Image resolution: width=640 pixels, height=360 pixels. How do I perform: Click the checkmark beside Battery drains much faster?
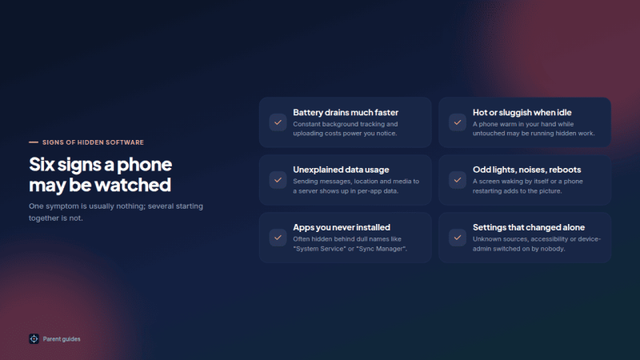[278, 122]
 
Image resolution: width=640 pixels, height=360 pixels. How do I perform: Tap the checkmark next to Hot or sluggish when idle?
[458, 122]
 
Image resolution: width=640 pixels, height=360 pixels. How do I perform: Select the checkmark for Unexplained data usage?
[278, 180]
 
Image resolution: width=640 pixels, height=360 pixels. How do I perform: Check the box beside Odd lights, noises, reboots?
[458, 180]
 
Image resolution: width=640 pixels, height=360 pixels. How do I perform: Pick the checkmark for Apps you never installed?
[278, 238]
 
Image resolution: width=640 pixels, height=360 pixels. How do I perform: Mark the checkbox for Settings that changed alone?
[458, 238]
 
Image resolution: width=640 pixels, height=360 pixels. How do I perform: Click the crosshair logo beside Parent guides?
[34, 338]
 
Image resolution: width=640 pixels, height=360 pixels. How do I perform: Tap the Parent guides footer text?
[62, 339]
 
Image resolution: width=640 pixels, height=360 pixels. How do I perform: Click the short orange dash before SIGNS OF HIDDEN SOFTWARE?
[34, 142]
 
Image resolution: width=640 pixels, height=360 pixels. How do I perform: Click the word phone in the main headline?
[145, 165]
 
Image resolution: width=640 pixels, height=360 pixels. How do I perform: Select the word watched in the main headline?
[133, 185]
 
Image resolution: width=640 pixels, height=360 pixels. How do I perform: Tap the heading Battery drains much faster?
[346, 112]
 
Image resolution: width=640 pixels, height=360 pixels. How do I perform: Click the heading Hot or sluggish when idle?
[522, 112]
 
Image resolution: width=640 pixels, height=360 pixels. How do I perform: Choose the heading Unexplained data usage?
[341, 170]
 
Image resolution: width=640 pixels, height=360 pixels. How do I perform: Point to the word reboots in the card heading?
[565, 170]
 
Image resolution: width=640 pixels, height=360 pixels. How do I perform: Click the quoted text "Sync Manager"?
[382, 249]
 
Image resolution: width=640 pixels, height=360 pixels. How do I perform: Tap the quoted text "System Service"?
[319, 249]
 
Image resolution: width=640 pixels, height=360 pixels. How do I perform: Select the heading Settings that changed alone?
[529, 227]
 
